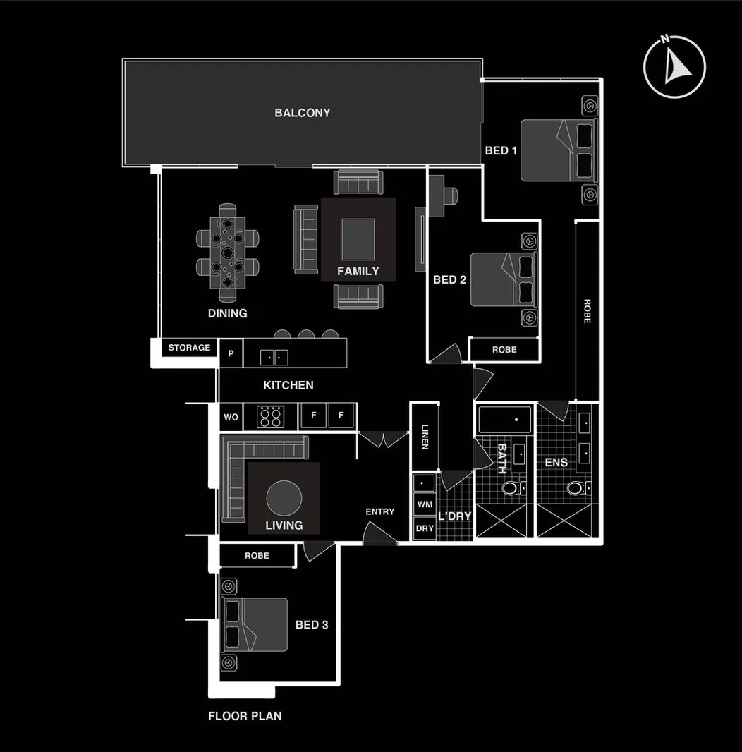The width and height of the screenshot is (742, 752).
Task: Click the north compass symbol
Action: tap(674, 66)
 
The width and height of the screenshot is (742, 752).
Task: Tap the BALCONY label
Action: tap(302, 113)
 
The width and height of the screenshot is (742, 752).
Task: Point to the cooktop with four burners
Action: tap(269, 416)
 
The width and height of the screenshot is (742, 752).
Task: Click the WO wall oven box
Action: tap(231, 417)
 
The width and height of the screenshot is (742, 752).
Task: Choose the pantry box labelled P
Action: tap(231, 353)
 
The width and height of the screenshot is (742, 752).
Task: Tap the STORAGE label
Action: tap(189, 348)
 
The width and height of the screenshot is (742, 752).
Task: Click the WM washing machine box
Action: tap(425, 504)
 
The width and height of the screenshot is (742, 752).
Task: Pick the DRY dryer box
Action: tap(425, 528)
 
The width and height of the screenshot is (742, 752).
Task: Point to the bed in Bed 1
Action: tap(559, 150)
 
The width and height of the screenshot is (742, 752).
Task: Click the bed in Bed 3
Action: tap(255, 624)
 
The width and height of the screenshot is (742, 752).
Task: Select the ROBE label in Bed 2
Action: tap(504, 350)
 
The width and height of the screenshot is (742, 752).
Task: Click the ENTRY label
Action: tap(379, 511)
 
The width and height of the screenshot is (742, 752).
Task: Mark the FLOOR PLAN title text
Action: tap(245, 716)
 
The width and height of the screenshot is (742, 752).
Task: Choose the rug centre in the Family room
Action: tap(358, 240)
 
